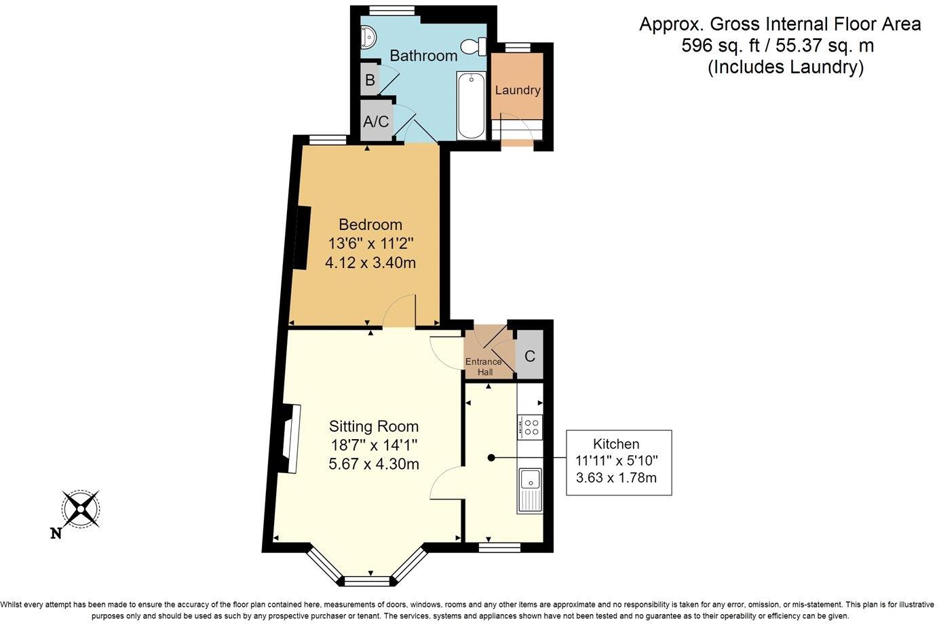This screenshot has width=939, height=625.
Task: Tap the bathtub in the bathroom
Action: [471, 105]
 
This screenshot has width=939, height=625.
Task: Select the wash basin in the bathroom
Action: [369, 37]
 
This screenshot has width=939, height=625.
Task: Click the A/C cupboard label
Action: [376, 121]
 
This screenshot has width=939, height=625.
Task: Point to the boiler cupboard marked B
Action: [370, 79]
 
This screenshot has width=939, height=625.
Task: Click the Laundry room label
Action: [518, 90]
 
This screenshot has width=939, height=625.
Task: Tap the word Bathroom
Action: [423, 56]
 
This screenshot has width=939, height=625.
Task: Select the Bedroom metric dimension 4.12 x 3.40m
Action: [370, 263]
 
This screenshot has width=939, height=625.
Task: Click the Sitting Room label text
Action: [374, 426]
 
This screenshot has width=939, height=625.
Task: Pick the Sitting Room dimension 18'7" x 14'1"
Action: [374, 444]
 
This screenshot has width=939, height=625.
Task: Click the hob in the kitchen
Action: [531, 427]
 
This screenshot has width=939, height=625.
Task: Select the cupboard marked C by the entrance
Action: [530, 356]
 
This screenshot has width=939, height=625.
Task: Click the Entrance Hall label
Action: [484, 366]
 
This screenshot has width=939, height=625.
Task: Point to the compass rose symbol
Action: [81, 509]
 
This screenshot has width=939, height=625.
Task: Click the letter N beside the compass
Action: [56, 533]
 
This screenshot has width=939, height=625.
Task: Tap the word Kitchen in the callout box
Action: [616, 444]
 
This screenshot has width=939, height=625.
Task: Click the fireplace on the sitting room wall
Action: [290, 438]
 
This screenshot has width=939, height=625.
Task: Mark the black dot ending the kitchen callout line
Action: [491, 458]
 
